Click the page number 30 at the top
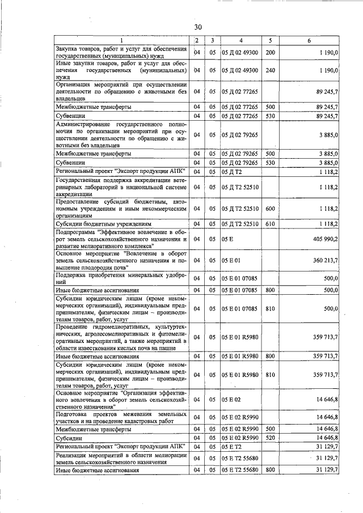click(197, 27)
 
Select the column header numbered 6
click(309, 40)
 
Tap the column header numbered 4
click(240, 40)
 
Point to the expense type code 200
click(270, 53)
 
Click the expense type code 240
click(270, 70)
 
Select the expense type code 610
click(270, 224)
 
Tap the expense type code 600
click(270, 209)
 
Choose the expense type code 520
click(270, 438)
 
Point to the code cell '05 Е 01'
click(231, 260)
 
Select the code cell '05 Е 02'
click(231, 400)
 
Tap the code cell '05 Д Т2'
click(231, 171)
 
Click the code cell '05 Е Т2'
click(231, 448)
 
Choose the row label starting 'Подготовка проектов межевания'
click(122, 417)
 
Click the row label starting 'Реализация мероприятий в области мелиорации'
click(122, 460)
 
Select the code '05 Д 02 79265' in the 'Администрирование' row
click(240, 135)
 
